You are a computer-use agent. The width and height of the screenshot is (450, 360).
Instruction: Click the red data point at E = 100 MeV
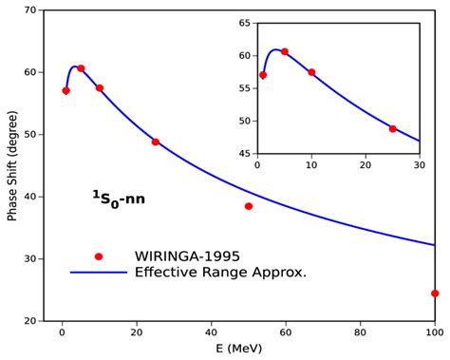435,294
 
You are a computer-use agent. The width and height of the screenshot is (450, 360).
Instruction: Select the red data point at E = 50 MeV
249,206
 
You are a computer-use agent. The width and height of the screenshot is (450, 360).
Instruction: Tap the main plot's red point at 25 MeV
156,142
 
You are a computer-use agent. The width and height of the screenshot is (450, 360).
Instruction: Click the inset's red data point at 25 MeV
392,128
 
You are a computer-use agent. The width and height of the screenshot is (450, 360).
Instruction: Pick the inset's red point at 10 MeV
311,72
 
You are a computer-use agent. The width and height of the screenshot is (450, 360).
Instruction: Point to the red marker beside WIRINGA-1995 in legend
99,256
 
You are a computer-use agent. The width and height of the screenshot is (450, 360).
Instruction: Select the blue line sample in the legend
99,273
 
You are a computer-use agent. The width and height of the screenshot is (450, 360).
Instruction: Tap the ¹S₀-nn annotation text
118,199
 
